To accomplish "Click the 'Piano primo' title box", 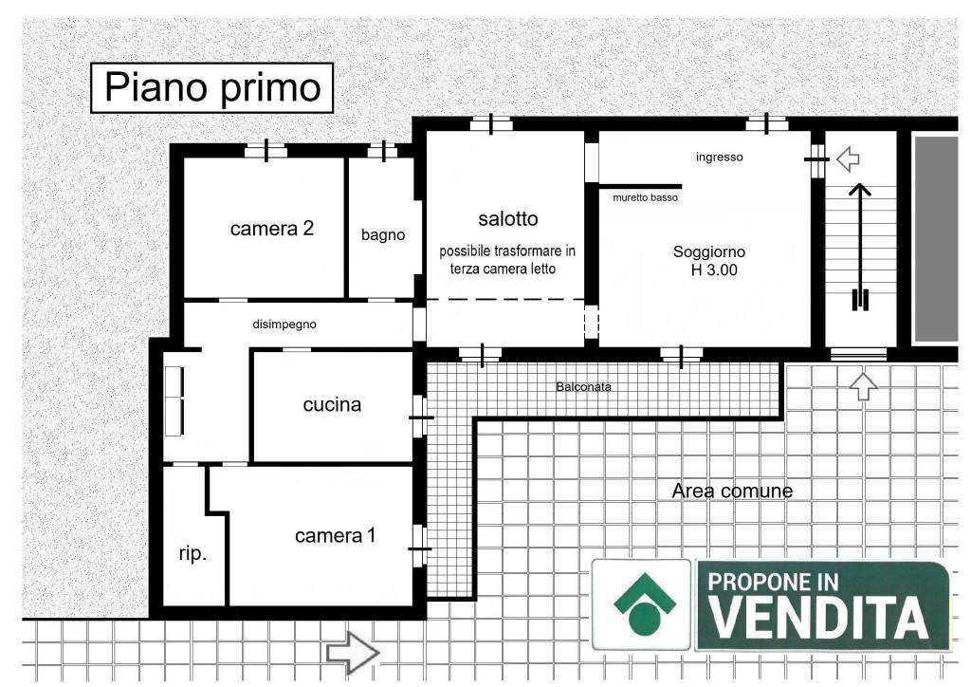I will pyautogui.click(x=211, y=88).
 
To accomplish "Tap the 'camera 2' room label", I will pyautogui.click(x=271, y=229).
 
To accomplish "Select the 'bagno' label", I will pyautogui.click(x=383, y=235).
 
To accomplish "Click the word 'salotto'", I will pyautogui.click(x=507, y=219).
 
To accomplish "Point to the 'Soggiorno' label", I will pyautogui.click(x=708, y=252).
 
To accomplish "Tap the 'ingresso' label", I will pyautogui.click(x=719, y=158).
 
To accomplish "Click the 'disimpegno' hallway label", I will pyautogui.click(x=284, y=325).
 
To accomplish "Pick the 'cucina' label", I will pyautogui.click(x=332, y=405).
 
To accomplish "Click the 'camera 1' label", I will pyautogui.click(x=335, y=536).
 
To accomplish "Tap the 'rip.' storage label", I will pyautogui.click(x=192, y=555).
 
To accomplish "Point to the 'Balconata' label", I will pyautogui.click(x=583, y=387).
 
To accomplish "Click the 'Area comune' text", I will pyautogui.click(x=731, y=492).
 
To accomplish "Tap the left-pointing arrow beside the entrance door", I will pyautogui.click(x=847, y=158).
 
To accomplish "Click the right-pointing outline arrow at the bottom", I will pyautogui.click(x=353, y=652).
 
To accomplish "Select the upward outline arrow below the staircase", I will pyautogui.click(x=863, y=386).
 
